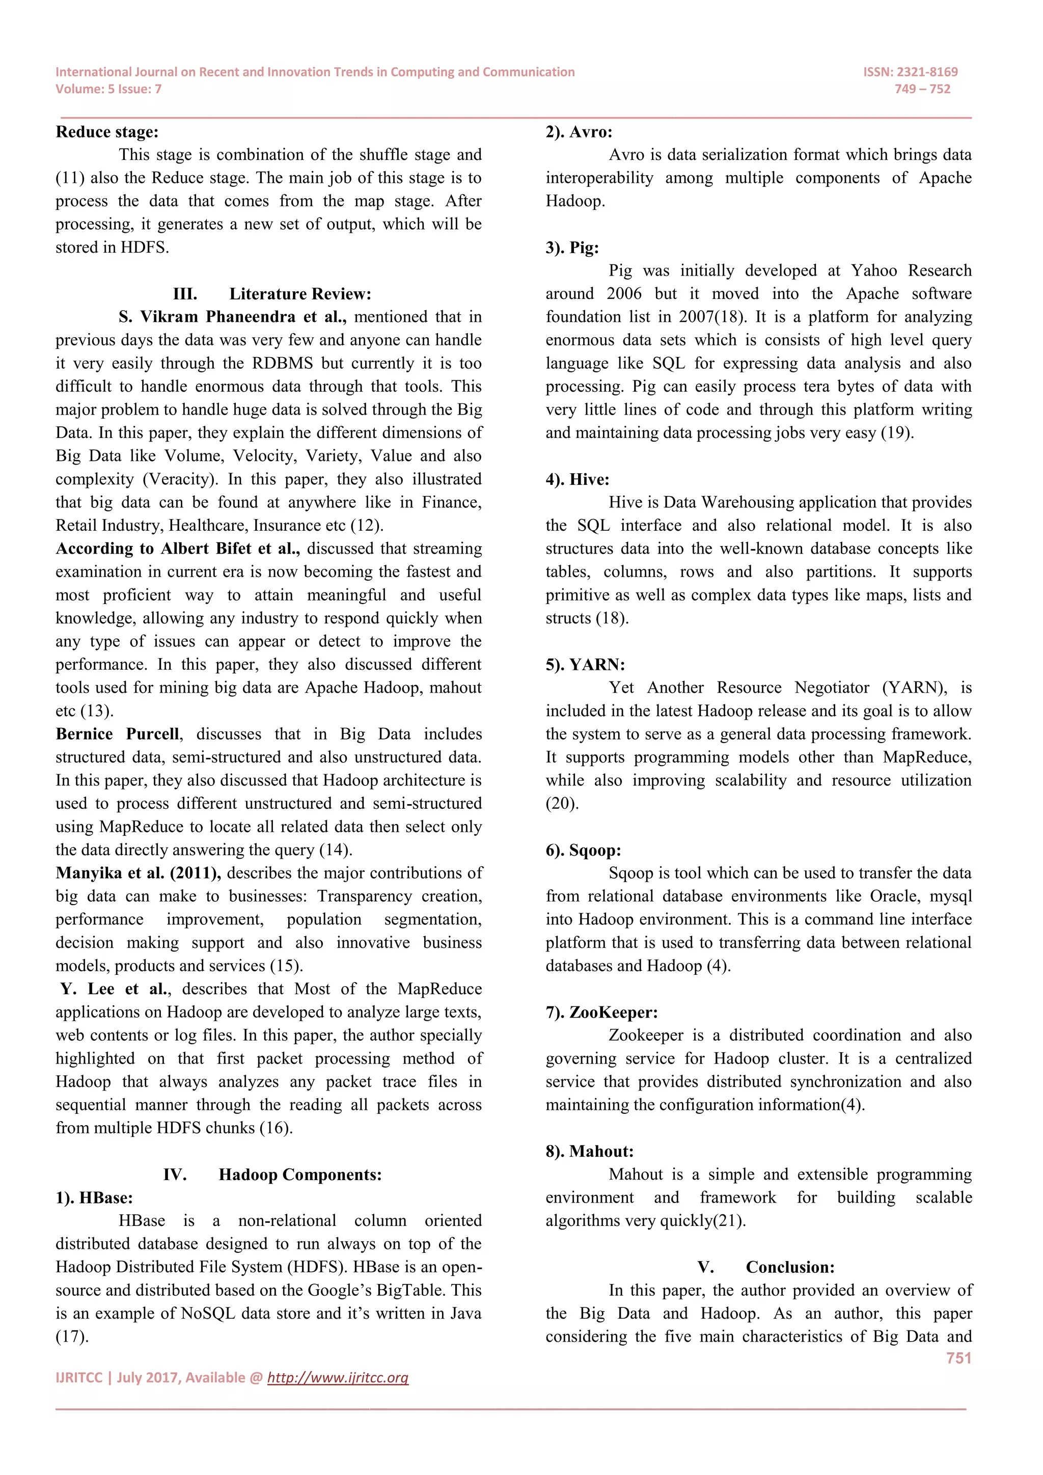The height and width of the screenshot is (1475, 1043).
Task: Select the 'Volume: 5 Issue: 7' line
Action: pos(108,89)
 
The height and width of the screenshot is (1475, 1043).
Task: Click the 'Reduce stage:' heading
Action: pos(106,132)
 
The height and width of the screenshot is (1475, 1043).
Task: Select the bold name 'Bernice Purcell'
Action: pos(118,733)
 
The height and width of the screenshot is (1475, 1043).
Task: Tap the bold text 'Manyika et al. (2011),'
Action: pos(138,873)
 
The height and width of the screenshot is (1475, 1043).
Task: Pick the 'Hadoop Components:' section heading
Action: pos(300,1174)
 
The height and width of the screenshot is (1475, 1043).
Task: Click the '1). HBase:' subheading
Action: pos(94,1197)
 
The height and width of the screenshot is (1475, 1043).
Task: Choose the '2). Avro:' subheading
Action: pos(579,132)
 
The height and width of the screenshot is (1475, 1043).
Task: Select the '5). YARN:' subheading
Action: pos(585,664)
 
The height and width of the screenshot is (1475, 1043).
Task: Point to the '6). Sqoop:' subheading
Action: pos(583,850)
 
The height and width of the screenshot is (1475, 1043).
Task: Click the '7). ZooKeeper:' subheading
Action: pos(601,1013)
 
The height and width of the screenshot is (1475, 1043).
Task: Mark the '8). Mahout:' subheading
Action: pos(589,1151)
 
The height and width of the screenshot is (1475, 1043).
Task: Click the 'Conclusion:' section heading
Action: pos(790,1267)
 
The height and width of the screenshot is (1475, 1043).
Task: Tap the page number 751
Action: pos(958,1358)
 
